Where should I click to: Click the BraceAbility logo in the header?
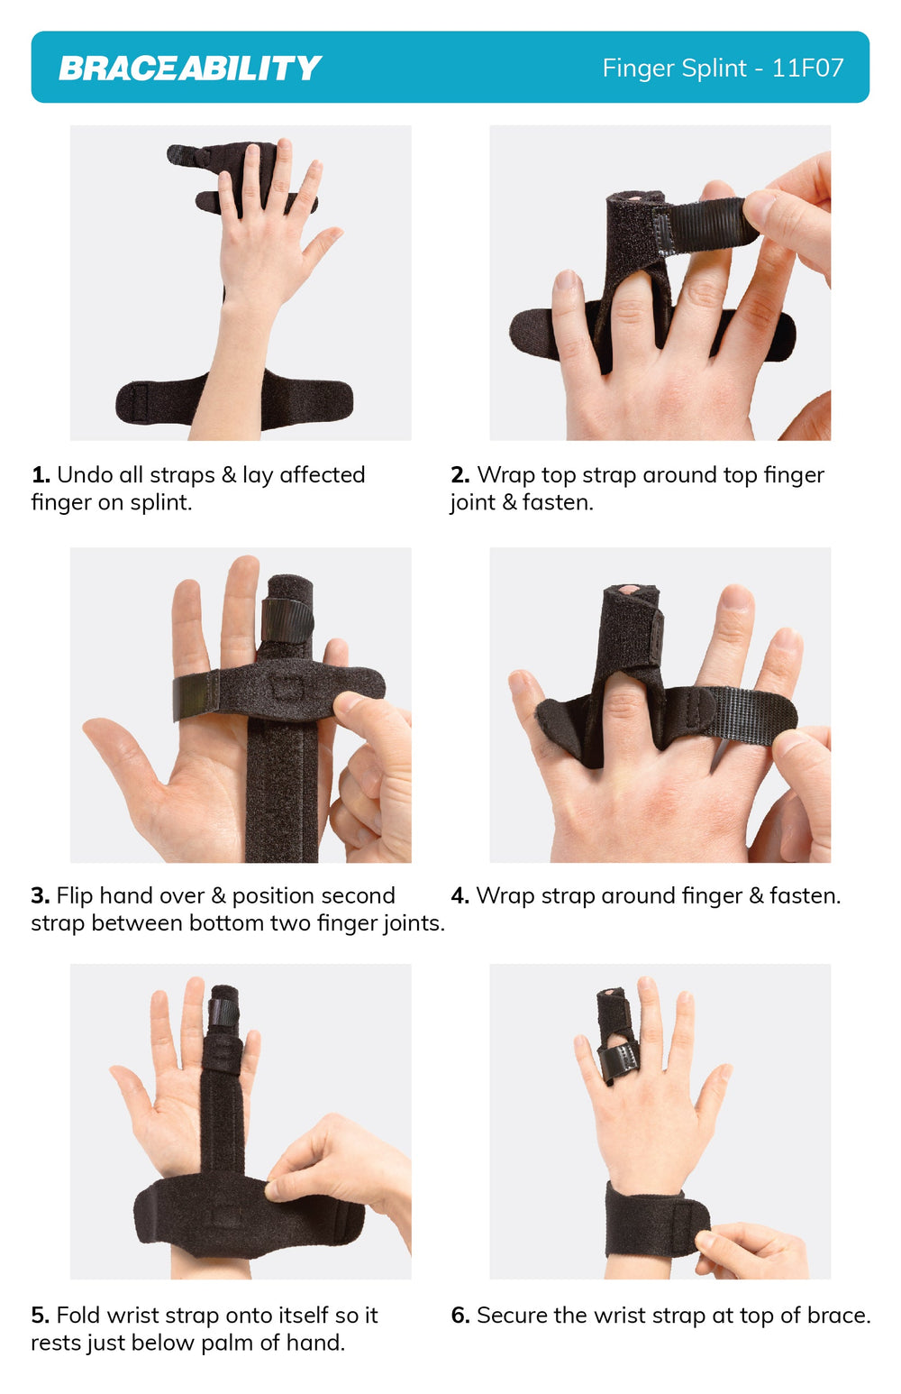(189, 68)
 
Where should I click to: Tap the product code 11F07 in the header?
(807, 68)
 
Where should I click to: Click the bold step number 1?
(41, 475)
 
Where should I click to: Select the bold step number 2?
(460, 475)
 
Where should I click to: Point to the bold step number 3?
(41, 896)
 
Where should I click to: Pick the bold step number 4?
(460, 896)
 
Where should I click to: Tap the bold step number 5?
(41, 1316)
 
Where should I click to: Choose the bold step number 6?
(460, 1316)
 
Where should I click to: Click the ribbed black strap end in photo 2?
(705, 225)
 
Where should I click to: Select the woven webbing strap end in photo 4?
(752, 712)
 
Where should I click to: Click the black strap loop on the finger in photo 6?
(617, 1063)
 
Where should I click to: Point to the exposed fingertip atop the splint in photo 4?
(629, 589)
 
